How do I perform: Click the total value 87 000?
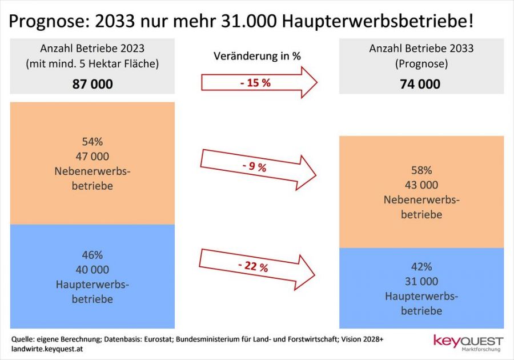(93, 84)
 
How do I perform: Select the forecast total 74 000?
(421, 84)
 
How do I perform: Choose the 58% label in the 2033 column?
(421, 170)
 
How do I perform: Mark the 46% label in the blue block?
(93, 255)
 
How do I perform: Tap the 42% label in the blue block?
(421, 267)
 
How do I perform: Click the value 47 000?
(93, 157)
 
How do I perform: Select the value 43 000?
(421, 185)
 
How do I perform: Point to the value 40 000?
(93, 270)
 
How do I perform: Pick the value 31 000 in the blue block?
(421, 282)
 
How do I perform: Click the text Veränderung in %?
(257, 56)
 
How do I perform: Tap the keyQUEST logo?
(467, 342)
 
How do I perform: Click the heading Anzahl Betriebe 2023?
(93, 49)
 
